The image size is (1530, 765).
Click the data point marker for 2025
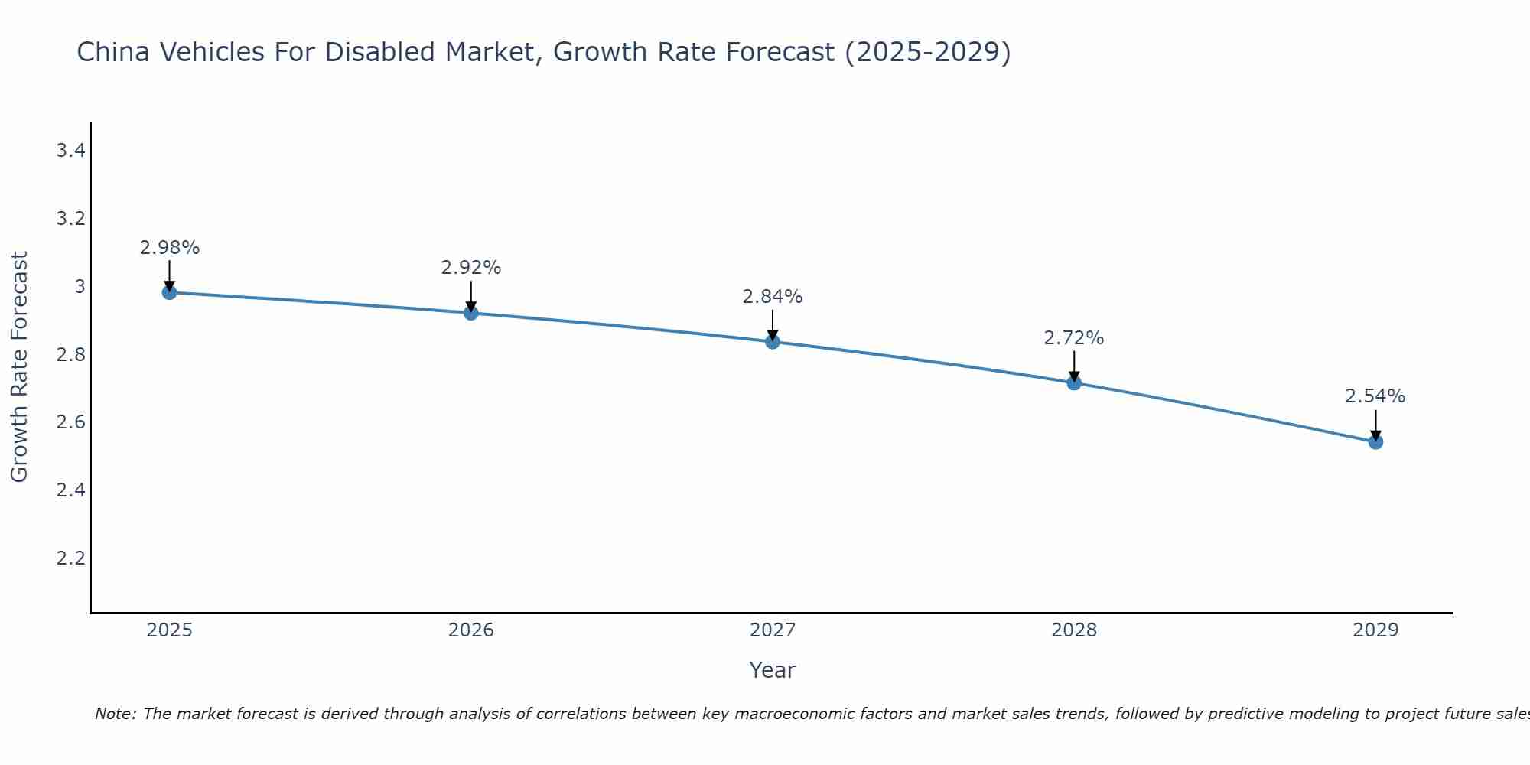pyautogui.click(x=169, y=292)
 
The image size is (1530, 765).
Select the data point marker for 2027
pyautogui.click(x=773, y=341)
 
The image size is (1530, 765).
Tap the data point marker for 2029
pyautogui.click(x=1375, y=441)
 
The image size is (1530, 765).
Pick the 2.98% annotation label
pyautogui.click(x=169, y=248)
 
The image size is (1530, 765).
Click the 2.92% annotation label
pyautogui.click(x=470, y=268)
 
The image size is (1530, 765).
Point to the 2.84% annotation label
pyautogui.click(x=773, y=297)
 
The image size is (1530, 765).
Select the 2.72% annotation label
pyautogui.click(x=1074, y=338)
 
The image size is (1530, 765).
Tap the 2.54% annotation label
pyautogui.click(x=1375, y=396)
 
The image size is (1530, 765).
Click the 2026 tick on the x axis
pyautogui.click(x=470, y=630)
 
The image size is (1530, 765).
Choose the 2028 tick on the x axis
pyautogui.click(x=1074, y=630)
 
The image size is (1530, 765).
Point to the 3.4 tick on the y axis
pyautogui.click(x=70, y=151)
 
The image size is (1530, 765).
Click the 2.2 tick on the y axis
pyautogui.click(x=70, y=558)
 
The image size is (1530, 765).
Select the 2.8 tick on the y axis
pyautogui.click(x=70, y=354)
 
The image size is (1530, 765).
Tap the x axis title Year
pyautogui.click(x=773, y=670)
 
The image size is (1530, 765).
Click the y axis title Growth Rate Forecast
pyautogui.click(x=19, y=367)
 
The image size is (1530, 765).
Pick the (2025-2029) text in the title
pyautogui.click(x=927, y=52)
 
